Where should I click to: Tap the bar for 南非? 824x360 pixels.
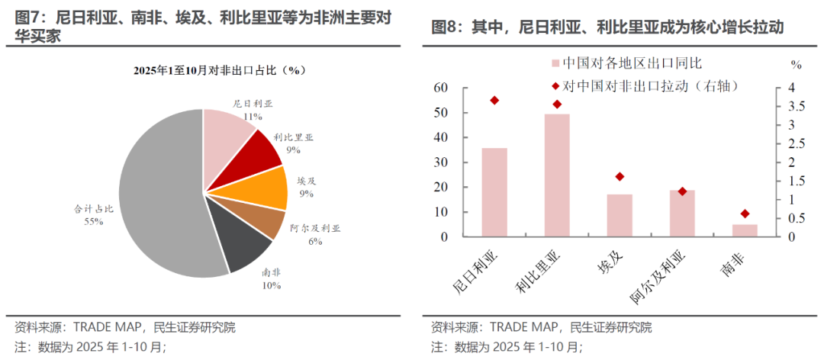(745, 230)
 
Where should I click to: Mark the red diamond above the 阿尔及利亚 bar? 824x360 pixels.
(683, 191)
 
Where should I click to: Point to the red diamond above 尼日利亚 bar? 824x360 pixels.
(494, 101)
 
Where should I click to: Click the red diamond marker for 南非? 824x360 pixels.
(745, 214)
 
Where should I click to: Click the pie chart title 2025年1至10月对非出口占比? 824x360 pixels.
(219, 70)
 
